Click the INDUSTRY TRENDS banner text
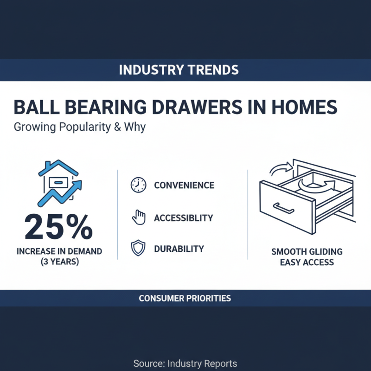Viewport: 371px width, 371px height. [179, 70]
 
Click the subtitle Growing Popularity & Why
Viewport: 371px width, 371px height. [80, 127]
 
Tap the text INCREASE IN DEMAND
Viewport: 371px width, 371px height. [59, 252]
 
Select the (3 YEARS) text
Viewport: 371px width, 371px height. [59, 262]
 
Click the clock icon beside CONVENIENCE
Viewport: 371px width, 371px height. [139, 185]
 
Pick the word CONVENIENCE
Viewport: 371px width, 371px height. [184, 185]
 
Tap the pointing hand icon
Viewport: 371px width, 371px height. [139, 217]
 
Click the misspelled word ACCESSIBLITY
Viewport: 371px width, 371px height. [184, 218]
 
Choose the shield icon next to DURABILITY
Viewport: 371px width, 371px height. [139, 249]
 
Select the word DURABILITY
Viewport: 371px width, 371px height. [179, 249]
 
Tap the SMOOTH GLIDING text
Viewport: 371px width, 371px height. [307, 252]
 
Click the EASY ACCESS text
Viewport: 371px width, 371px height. [307, 262]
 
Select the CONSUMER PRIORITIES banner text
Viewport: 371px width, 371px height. [185, 298]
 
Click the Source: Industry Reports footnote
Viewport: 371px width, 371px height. [185, 363]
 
